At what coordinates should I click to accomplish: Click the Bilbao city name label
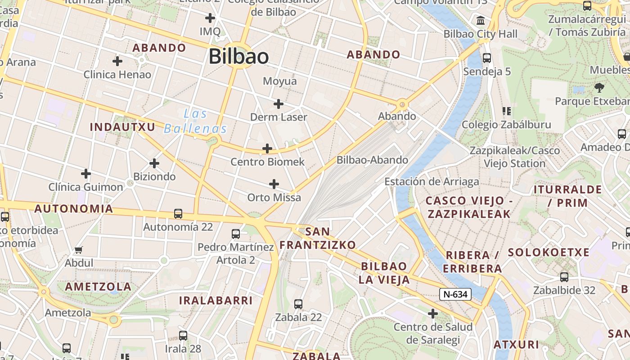pos(238,57)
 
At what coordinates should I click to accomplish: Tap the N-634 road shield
pos(455,295)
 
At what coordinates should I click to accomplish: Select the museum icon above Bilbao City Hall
pos(481,21)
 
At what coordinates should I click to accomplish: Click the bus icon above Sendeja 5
pos(486,58)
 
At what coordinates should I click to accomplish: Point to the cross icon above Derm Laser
pos(279,104)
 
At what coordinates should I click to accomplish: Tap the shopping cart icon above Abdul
pos(79,250)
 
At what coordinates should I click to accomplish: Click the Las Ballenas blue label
pos(195,121)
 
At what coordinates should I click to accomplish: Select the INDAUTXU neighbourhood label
pos(122,127)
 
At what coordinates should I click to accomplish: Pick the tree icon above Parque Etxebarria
pos(599,87)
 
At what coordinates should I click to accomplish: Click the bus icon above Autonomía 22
pos(178,214)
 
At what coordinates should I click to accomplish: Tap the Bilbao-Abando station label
pos(372,160)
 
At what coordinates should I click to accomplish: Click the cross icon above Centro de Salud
pos(433,313)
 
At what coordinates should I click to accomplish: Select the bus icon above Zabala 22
pos(298,304)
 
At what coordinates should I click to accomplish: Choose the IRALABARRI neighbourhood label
pos(216,301)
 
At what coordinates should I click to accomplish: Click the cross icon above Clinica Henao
pos(117,61)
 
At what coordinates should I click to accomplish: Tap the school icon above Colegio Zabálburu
pos(507,111)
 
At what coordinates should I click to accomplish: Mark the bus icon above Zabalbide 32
pos(564,277)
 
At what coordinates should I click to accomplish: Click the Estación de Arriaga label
pos(432,182)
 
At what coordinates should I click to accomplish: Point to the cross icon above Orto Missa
pos(274,184)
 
